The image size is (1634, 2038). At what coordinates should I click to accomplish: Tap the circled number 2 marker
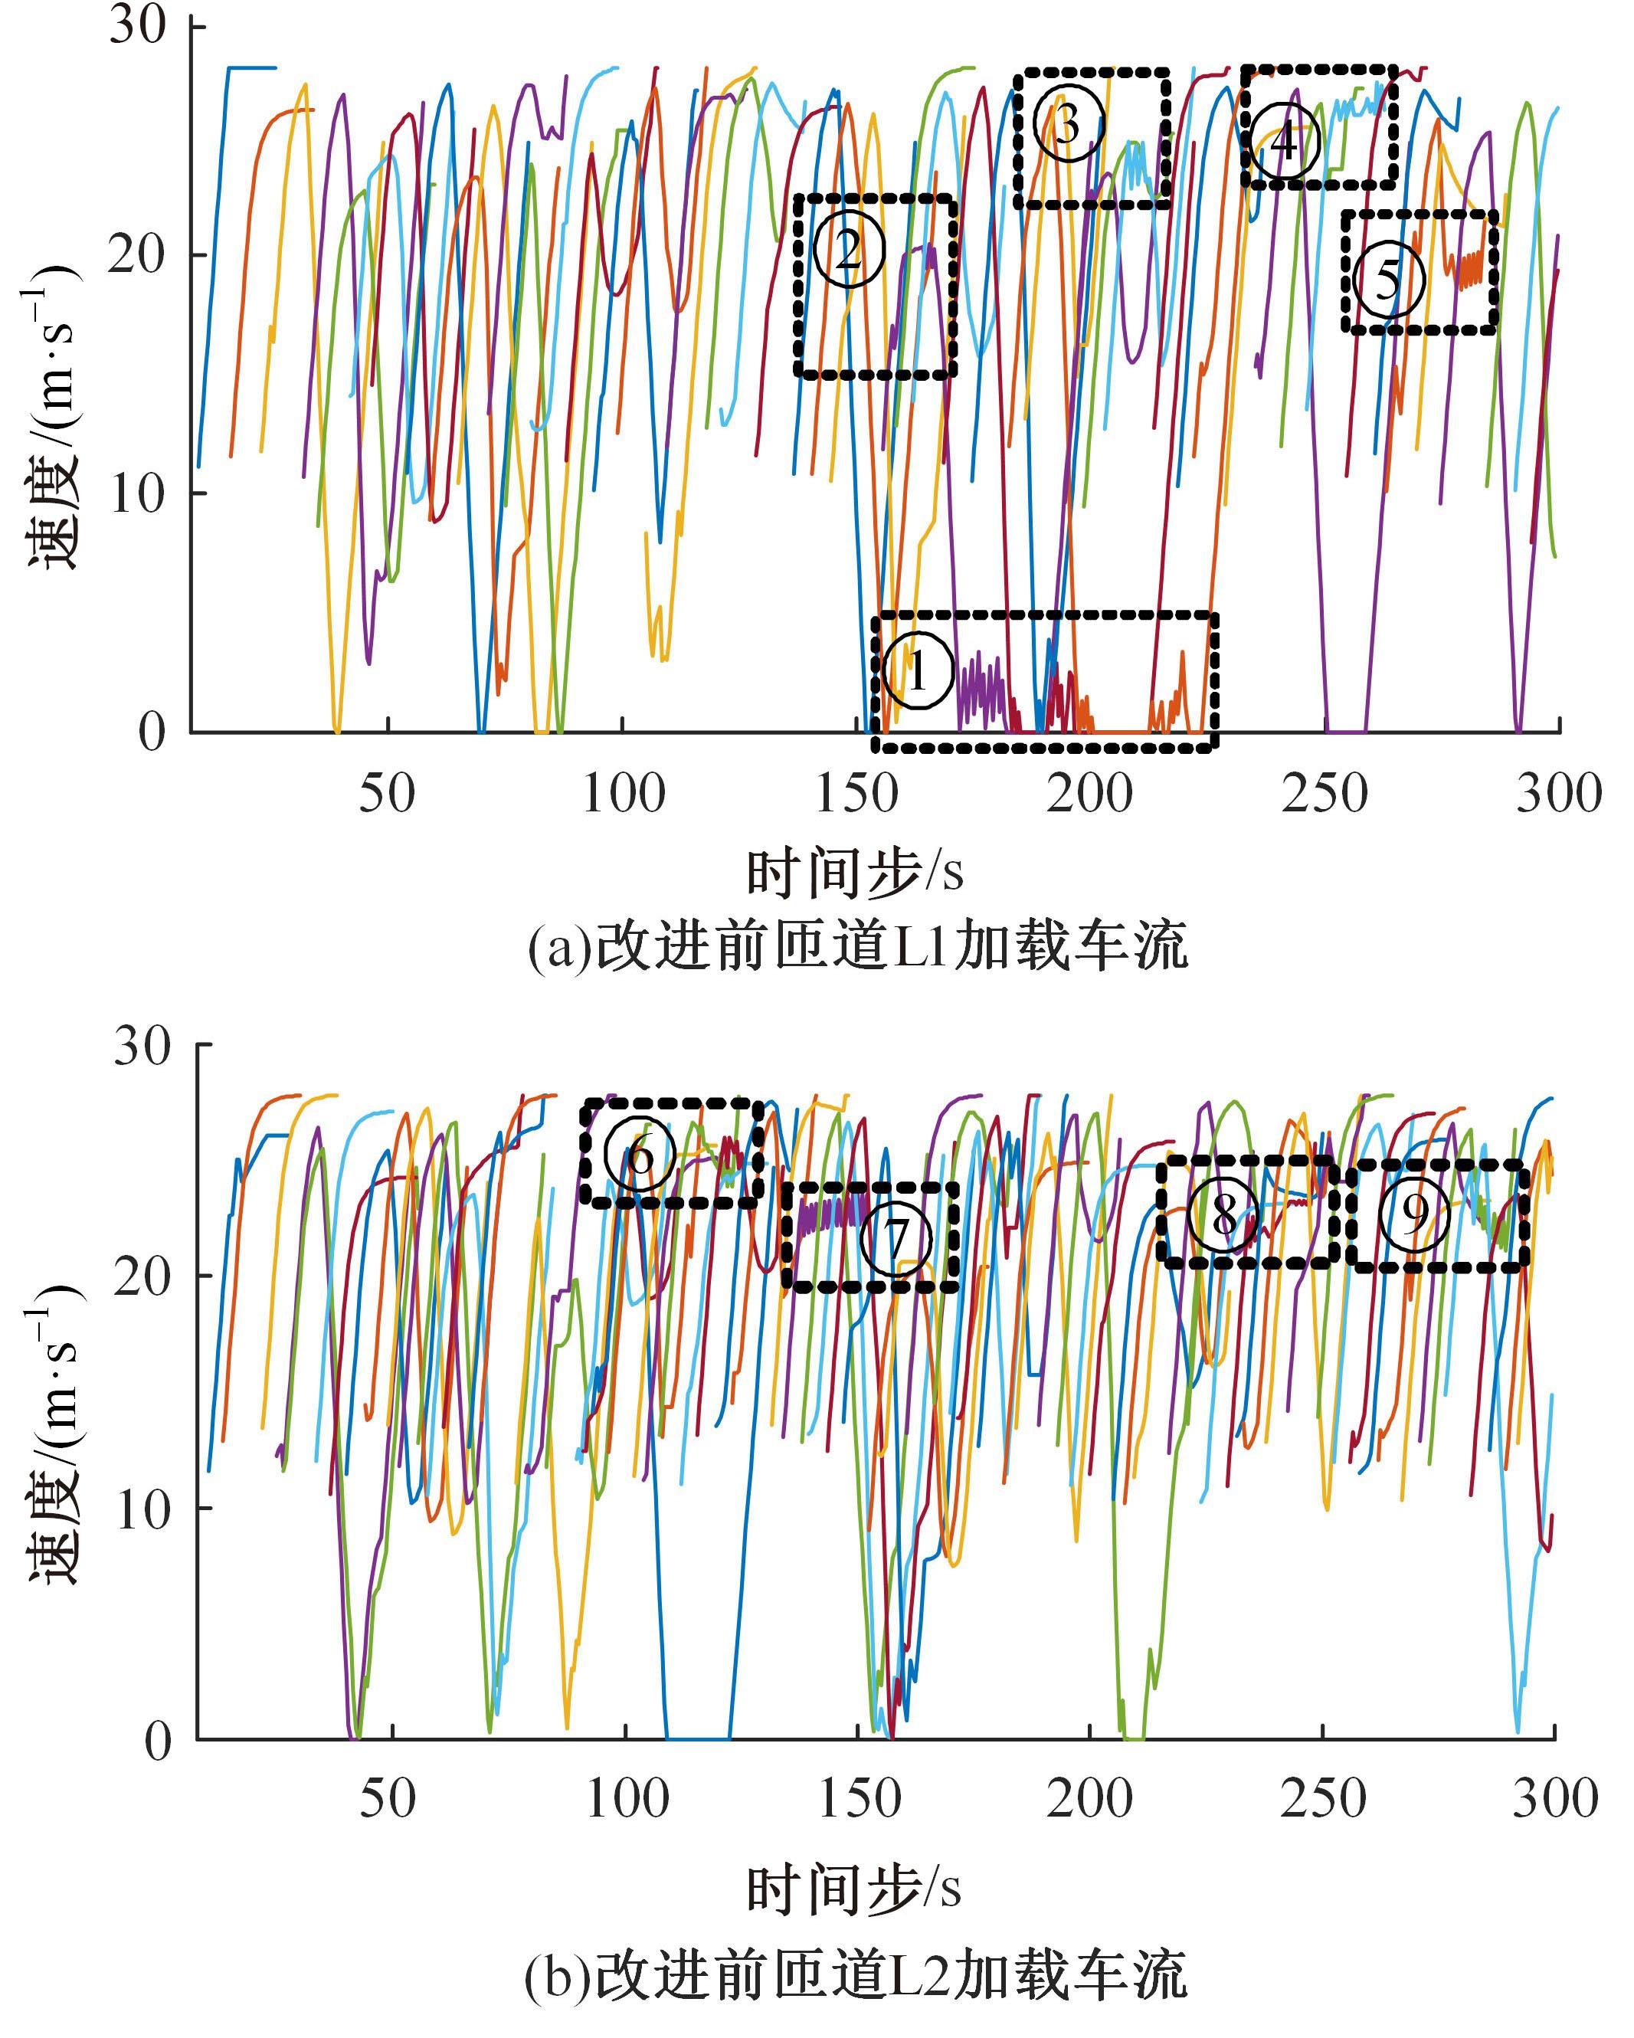pyautogui.click(x=849, y=250)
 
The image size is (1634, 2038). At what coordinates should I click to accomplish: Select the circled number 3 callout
pyautogui.click(x=1068, y=124)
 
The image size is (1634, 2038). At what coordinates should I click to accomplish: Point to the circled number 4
pyautogui.click(x=1283, y=142)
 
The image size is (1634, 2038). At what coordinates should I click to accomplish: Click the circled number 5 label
pyautogui.click(x=1387, y=280)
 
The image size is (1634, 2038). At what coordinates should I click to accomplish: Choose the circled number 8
pyautogui.click(x=1223, y=1214)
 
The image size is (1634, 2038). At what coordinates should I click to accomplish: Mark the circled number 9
pyautogui.click(x=1414, y=1216)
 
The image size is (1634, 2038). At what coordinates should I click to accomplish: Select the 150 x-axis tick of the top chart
pyautogui.click(x=856, y=794)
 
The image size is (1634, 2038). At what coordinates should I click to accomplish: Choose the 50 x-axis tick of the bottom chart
pyautogui.click(x=388, y=1799)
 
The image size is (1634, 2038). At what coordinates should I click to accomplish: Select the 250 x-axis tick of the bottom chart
pyautogui.click(x=1323, y=1799)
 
